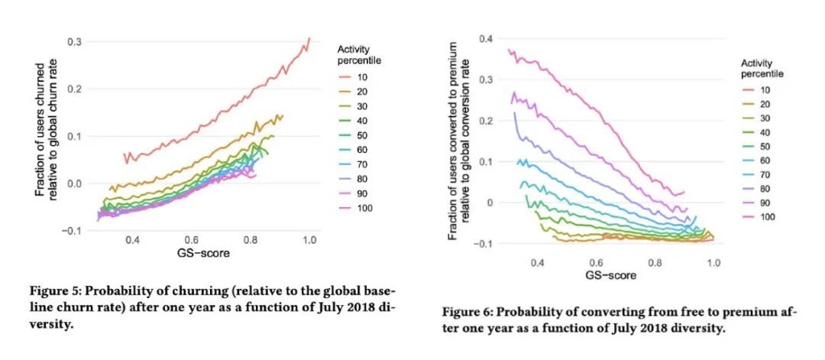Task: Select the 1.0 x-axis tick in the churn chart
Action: pos(309,241)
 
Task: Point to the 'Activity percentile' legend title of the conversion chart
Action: pos(762,68)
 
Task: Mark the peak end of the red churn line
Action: pos(309,38)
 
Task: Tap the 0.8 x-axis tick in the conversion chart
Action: pos(655,262)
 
